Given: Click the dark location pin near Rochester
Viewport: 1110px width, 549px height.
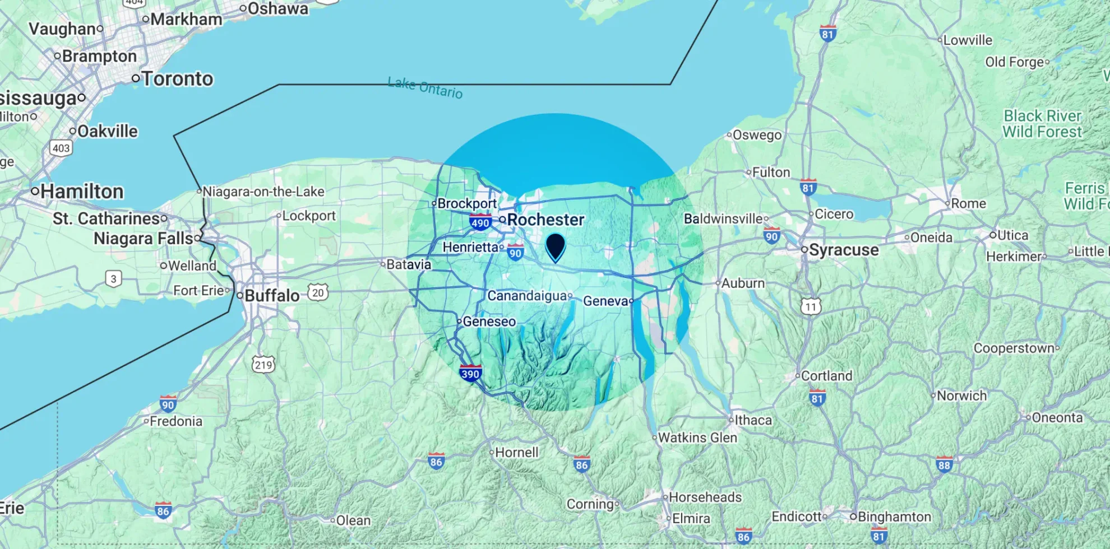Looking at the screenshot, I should coord(555,246).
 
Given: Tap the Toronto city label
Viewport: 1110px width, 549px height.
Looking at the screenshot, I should coord(177,79).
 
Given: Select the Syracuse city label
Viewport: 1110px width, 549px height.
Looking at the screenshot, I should coord(844,250).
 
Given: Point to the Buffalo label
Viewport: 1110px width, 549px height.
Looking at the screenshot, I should coord(272,295).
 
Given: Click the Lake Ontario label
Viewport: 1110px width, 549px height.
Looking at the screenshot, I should coord(425,88).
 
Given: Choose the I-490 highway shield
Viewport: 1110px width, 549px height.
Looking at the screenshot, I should coord(480,222).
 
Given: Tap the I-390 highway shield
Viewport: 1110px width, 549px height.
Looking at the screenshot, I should coord(470,373).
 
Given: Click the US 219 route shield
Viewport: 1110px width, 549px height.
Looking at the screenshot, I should coord(263,365).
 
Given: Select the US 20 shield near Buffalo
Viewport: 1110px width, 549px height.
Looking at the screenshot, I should coord(318,292).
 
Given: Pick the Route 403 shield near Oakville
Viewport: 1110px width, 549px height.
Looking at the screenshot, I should coord(61,148).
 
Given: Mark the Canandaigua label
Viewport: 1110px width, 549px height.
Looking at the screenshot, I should coord(527,295).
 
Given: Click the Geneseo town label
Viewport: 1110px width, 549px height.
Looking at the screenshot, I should coord(489,322).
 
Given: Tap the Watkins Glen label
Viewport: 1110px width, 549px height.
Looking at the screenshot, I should coord(697,438).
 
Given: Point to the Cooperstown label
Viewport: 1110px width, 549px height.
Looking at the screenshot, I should coord(1014,348).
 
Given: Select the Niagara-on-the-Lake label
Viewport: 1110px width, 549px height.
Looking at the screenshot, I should coord(263,192).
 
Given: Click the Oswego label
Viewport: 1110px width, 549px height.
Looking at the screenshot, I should coord(757,135).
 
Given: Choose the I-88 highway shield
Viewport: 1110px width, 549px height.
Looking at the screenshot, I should coord(944,464).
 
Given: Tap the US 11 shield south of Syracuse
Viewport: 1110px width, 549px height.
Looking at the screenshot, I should coord(811,306).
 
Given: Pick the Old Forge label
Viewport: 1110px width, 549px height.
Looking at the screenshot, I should coord(1015,62).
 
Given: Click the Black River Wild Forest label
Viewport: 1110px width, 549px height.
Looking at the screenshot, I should coord(1042,124).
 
